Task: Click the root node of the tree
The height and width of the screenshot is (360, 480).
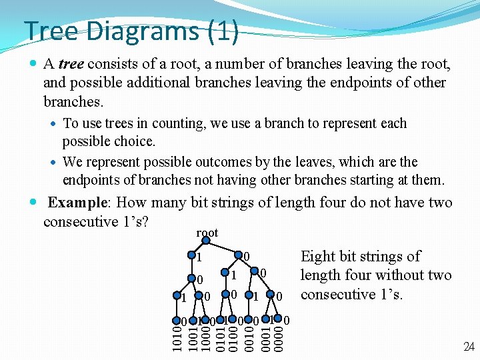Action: pos(207,241)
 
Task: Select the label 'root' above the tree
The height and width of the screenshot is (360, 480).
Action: pos(207,233)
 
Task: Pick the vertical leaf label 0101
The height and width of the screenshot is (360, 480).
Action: pos(220,335)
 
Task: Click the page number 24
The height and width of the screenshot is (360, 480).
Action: pos(469,346)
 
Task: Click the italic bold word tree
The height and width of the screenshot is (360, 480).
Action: pos(71,65)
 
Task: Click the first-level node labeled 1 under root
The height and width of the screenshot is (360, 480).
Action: pos(192,256)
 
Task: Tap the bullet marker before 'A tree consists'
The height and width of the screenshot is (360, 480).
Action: pos(35,65)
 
